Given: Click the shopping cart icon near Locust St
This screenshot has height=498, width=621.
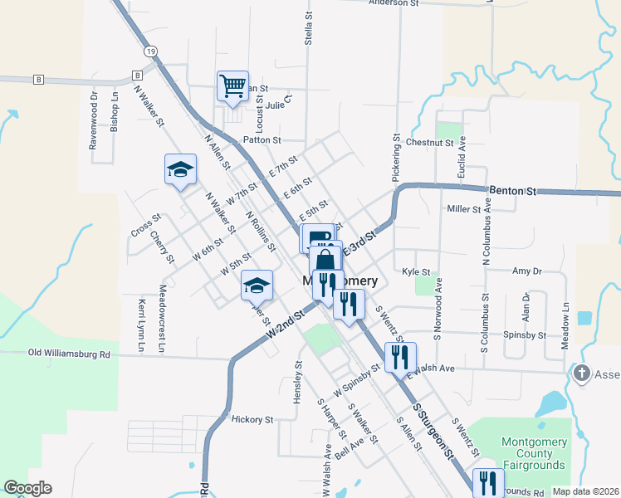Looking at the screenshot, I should click(x=232, y=85).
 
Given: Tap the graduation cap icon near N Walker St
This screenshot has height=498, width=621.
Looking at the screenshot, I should click(x=180, y=170).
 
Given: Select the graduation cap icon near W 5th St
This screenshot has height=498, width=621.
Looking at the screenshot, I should click(x=257, y=286).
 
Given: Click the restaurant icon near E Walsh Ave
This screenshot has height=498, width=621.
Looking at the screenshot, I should click(x=400, y=357).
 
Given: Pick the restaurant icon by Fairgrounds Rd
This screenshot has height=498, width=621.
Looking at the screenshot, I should click(x=487, y=483).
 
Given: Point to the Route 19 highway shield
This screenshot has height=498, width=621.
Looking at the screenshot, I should click(x=150, y=51).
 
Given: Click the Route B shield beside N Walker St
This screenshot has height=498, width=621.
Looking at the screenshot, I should click(x=134, y=76).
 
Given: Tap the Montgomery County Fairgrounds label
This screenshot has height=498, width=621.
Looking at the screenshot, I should click(x=532, y=454).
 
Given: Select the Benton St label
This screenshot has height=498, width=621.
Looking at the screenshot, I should click(x=511, y=190).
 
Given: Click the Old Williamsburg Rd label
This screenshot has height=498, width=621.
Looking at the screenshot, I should click(x=70, y=354).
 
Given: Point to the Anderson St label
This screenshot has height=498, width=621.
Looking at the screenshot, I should click(x=394, y=3).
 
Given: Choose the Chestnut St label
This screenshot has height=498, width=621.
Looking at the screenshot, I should click(x=429, y=143).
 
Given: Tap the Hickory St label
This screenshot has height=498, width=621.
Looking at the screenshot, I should click(x=252, y=420).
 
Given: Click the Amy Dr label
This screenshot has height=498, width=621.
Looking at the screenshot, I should click(x=527, y=271).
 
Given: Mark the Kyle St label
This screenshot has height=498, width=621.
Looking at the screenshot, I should click(x=415, y=271).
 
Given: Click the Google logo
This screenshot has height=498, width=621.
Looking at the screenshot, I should click(x=27, y=488).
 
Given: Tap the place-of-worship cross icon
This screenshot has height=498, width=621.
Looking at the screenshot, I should click(x=581, y=374).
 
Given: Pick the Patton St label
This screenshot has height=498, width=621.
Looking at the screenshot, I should click(x=262, y=140).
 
